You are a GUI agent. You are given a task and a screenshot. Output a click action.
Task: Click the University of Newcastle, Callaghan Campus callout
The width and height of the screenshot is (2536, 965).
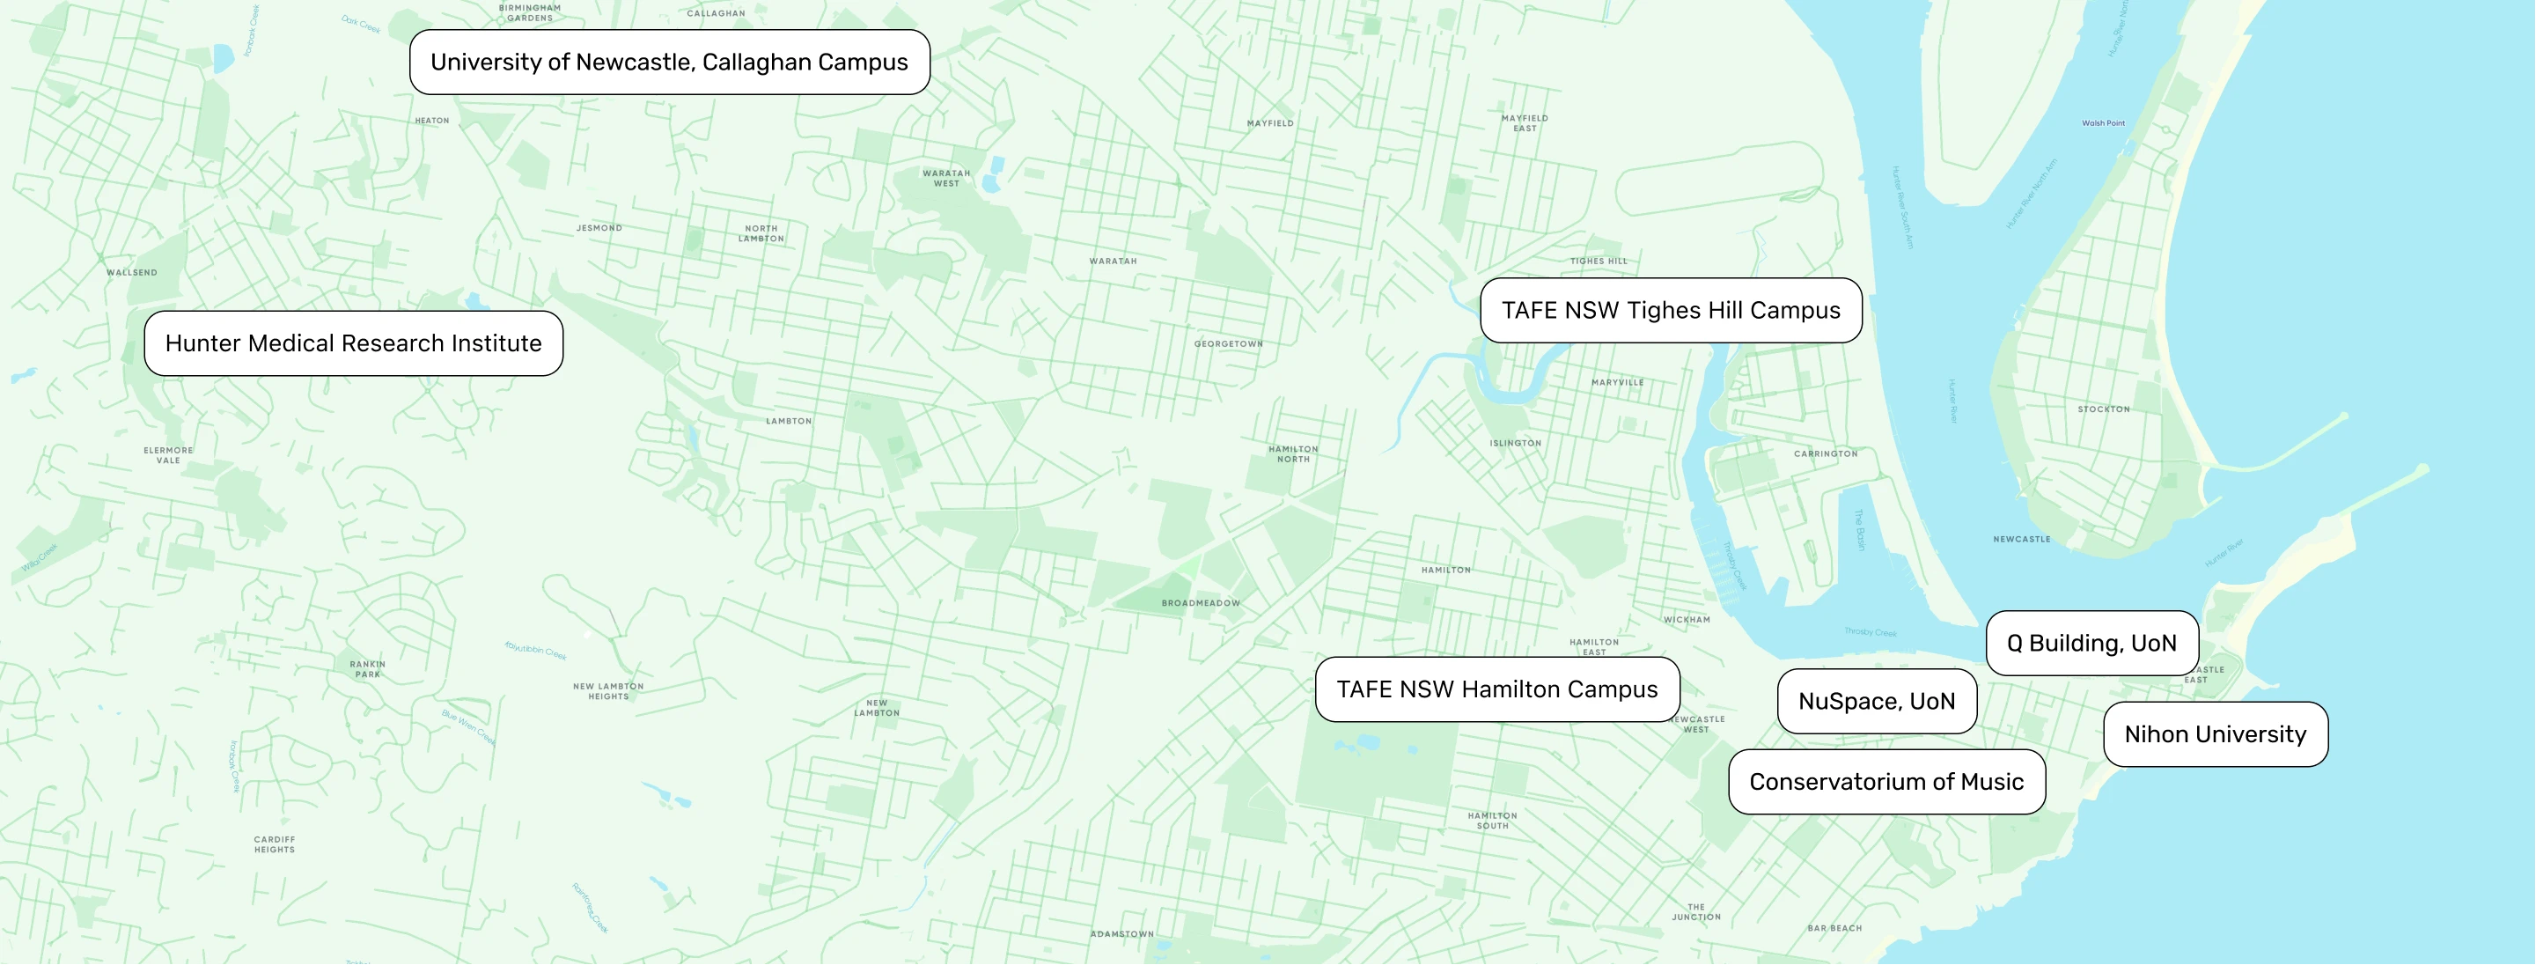670,62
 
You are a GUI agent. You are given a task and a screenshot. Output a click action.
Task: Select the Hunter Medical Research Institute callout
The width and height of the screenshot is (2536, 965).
354,343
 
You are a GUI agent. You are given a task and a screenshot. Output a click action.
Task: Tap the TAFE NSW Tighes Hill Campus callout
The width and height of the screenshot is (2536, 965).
1671,310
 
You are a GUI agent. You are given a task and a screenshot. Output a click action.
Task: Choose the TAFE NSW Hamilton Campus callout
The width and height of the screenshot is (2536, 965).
1496,689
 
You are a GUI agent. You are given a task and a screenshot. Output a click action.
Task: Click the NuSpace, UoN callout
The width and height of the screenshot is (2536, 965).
1877,701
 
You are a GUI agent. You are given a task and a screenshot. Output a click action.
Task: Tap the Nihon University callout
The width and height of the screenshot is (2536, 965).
2215,734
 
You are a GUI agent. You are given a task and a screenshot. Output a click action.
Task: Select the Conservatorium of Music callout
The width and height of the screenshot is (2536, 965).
1886,782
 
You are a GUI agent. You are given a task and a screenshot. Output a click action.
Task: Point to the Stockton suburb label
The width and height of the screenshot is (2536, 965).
2103,409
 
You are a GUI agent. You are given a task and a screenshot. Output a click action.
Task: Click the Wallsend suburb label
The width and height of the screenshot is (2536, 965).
132,273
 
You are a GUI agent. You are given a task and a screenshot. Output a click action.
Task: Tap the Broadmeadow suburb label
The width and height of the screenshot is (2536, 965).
1200,602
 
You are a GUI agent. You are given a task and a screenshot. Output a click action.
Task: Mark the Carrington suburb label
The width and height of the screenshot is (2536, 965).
1826,454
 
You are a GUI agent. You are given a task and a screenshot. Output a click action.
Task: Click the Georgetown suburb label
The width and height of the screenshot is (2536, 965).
1228,343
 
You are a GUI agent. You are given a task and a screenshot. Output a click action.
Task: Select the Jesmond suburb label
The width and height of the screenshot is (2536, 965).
599,227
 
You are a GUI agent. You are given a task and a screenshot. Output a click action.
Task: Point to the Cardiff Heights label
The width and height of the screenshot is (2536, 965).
274,843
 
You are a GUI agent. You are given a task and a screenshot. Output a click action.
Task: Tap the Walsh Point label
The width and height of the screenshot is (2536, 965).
2103,123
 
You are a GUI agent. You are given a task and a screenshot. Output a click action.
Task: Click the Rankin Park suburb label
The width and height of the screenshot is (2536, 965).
367,668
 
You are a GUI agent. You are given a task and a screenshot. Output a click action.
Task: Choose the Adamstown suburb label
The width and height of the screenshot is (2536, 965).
1121,933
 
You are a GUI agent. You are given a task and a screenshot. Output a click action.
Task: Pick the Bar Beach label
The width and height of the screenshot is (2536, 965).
1834,928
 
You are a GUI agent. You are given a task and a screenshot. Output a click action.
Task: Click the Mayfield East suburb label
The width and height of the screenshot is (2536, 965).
1524,122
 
